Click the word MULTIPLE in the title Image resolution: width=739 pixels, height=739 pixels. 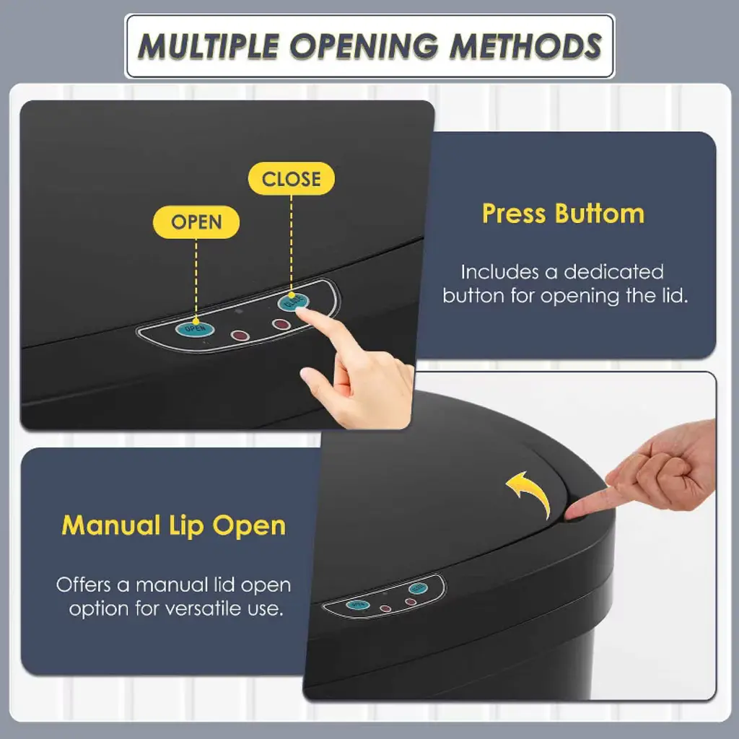tap(209, 46)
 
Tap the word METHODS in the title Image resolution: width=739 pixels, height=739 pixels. tap(525, 46)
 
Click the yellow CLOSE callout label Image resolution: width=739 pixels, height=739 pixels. tap(292, 179)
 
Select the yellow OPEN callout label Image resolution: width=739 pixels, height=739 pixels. tap(196, 222)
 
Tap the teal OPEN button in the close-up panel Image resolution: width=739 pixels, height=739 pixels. tap(195, 328)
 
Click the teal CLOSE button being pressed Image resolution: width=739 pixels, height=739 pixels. tap(293, 301)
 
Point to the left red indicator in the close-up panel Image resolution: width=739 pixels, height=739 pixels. tap(240, 336)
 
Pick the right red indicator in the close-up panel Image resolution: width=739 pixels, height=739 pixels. tap(281, 324)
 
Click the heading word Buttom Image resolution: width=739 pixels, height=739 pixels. tap(600, 214)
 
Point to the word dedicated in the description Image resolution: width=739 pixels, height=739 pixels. tap(613, 272)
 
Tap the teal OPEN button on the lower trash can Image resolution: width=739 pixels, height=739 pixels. tap(358, 605)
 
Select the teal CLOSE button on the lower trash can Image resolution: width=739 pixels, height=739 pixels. tap(418, 588)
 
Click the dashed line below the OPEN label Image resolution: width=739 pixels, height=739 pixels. tap(196, 280)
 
